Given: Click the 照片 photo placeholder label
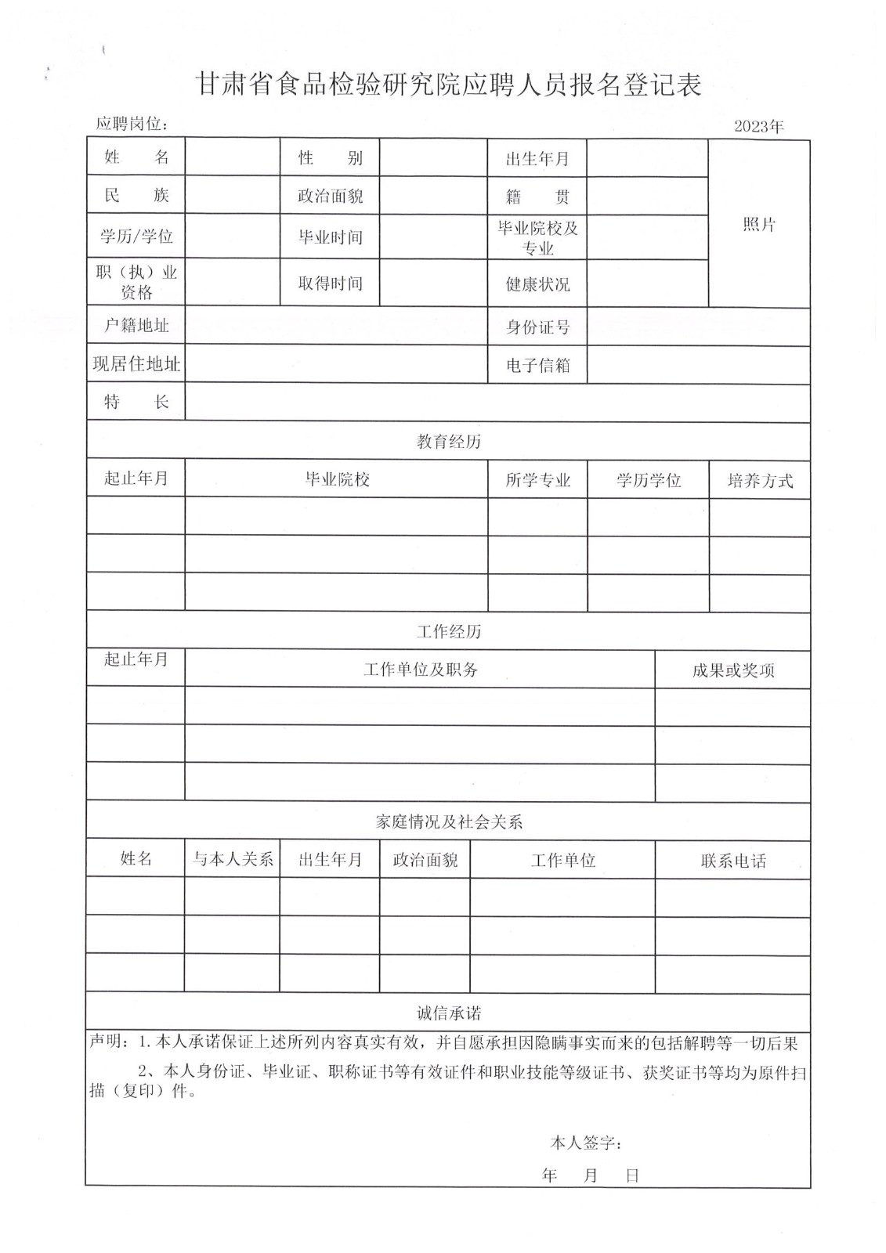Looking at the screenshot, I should [758, 225].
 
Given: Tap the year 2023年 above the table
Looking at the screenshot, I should [758, 126].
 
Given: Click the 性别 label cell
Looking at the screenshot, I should [330, 158].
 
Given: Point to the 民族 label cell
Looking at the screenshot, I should [136, 195].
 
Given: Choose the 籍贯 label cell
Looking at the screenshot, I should [537, 197].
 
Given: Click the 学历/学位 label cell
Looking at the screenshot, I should [136, 237].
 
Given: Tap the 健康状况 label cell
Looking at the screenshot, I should [537, 284].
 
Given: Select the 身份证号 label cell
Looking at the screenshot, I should [537, 327].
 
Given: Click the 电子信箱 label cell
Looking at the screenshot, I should [537, 366].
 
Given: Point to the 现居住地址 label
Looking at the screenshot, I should [136, 364].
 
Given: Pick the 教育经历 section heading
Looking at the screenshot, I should [448, 442].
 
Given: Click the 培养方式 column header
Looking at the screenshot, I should [760, 481].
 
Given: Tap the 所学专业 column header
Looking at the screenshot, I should [537, 481].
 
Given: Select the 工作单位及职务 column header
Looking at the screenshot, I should [421, 670].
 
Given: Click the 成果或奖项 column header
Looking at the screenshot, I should [733, 670].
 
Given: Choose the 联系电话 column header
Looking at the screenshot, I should [733, 861].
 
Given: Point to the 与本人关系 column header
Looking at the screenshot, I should [233, 859].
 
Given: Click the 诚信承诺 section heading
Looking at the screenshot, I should [448, 1013].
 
